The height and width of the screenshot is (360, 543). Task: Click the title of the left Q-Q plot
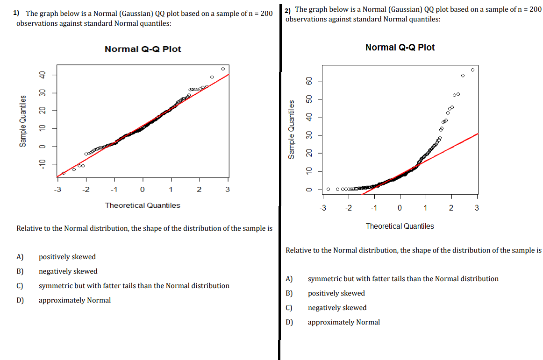143,49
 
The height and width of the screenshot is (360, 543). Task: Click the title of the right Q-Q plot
400,47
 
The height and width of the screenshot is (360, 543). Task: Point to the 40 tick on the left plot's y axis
42,75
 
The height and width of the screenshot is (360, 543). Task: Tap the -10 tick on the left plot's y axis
42,163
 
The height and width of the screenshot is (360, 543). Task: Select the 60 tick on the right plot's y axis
308,81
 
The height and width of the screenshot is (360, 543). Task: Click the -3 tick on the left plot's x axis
57,189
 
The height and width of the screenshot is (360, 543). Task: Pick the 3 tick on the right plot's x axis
476,208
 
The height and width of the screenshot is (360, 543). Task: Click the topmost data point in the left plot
223,69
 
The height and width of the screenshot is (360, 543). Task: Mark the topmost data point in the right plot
472,70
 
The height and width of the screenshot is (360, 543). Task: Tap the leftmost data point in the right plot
328,189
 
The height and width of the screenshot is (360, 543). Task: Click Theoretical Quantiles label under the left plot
143,205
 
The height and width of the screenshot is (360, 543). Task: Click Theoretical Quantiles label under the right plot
400,226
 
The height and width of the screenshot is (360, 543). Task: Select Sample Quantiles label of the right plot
292,129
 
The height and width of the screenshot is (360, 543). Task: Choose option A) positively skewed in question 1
67,257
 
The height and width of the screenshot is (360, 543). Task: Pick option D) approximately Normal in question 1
74,300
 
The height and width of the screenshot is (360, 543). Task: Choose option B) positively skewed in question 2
336,293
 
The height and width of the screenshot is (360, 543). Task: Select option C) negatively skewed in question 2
337,308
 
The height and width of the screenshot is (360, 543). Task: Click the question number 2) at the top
288,10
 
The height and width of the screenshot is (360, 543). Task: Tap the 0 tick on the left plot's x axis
142,189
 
